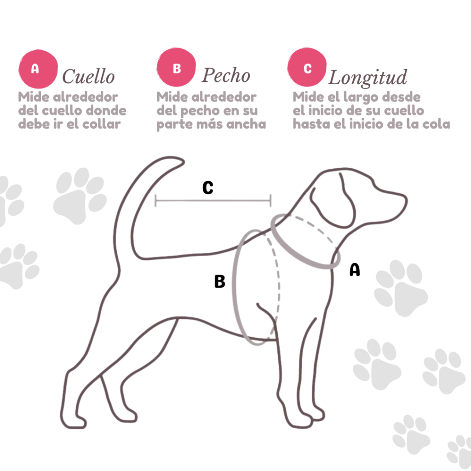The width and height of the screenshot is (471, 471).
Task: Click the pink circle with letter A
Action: (x=38, y=69)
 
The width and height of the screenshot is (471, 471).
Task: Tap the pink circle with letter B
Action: (x=176, y=67)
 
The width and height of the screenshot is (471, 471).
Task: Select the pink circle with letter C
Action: (x=307, y=67)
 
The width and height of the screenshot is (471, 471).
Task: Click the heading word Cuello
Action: (x=88, y=76)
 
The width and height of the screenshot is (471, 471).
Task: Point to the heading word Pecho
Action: (x=226, y=75)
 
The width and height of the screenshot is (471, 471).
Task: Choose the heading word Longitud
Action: (x=368, y=78)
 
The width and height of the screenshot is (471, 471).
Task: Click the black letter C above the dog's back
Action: (x=208, y=188)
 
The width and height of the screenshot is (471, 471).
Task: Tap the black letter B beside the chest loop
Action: (x=220, y=281)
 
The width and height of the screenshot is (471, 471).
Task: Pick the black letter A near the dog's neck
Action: (x=355, y=270)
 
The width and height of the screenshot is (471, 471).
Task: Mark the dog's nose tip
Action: (x=406, y=200)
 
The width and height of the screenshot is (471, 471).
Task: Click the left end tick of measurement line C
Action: (x=155, y=201)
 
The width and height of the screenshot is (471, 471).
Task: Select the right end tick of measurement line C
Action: (x=270, y=201)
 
